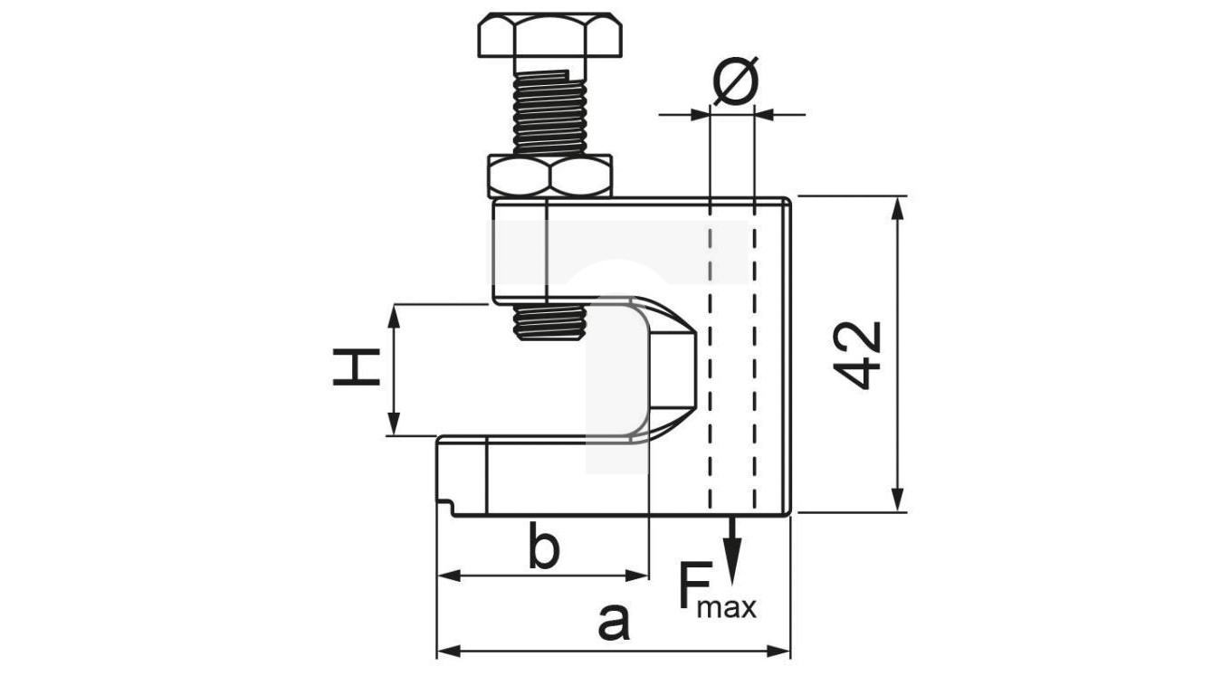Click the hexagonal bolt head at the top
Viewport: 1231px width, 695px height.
click(x=549, y=34)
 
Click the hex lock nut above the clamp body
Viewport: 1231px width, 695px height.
click(x=549, y=176)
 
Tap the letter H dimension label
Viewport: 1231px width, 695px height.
click(x=356, y=369)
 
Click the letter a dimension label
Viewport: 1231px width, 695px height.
click(x=614, y=623)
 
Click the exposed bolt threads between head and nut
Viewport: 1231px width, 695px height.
click(x=549, y=113)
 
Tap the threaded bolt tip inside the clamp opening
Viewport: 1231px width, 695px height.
click(x=549, y=321)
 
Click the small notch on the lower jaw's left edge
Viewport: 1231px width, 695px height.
click(x=444, y=500)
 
